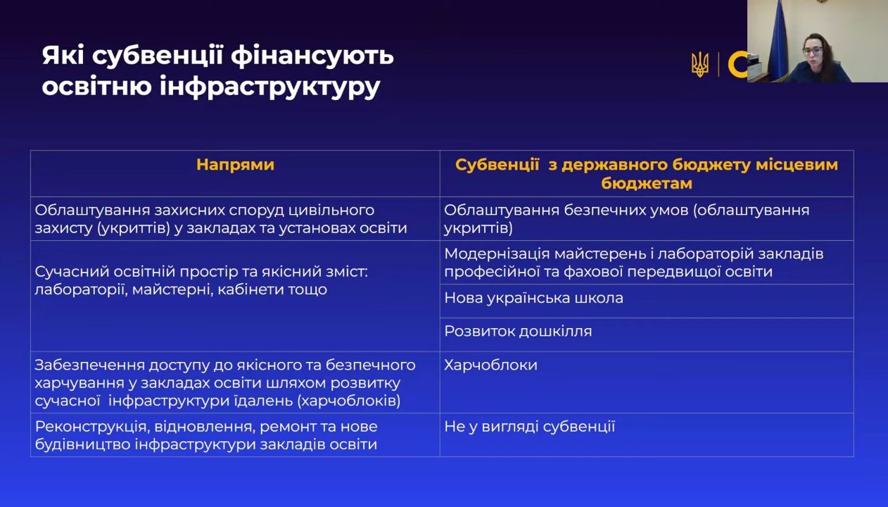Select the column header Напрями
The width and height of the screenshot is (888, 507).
click(235, 165)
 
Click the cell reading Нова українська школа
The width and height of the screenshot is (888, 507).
click(533, 298)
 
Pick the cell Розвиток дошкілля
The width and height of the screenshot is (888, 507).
click(518, 331)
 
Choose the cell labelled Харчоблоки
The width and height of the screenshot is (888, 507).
click(490, 365)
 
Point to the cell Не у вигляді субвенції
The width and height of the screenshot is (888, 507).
click(530, 427)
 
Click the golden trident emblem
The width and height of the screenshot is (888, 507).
click(700, 65)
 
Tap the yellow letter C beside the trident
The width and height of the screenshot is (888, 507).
click(737, 65)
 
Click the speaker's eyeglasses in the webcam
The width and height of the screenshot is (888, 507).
click(812, 51)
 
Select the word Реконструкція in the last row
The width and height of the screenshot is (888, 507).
click(91, 427)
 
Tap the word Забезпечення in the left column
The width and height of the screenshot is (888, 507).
click(89, 365)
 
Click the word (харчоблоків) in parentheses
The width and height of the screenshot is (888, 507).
click(349, 401)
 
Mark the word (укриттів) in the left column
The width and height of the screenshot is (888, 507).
click(134, 229)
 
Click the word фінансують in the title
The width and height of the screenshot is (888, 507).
click(312, 56)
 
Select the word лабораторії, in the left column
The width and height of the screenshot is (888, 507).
click(81, 290)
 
